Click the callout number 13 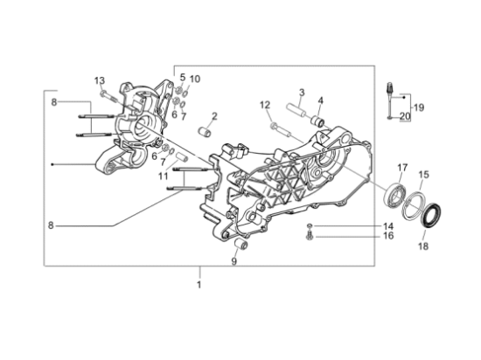(x=100, y=81)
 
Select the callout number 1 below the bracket (x=199, y=285)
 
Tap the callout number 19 (x=419, y=107)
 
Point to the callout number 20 (x=405, y=116)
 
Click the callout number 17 (x=402, y=168)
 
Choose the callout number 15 (x=423, y=175)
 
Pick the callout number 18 (x=423, y=246)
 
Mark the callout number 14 (x=388, y=226)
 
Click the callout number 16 (x=388, y=236)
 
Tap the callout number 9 (x=234, y=261)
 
